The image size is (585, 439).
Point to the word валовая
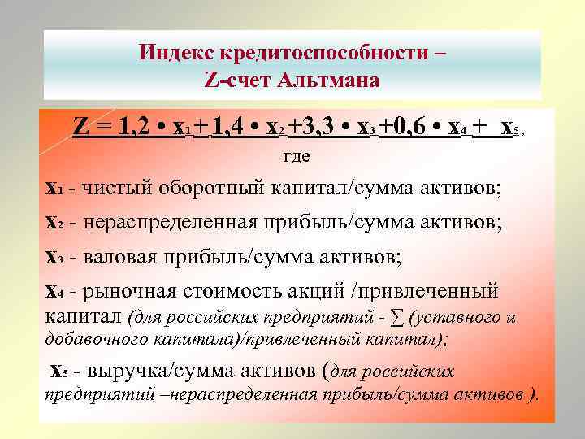pyautogui.click(x=119, y=257)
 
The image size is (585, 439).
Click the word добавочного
pyautogui.click(x=86, y=339)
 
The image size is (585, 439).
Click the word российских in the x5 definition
pyautogui.click(x=408, y=372)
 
